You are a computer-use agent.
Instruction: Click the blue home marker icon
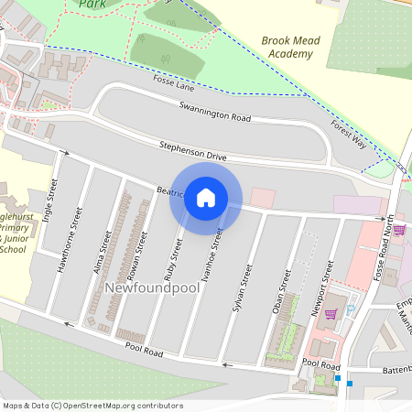206,198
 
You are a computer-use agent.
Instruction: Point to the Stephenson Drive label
192,152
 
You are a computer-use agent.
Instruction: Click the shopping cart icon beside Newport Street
331,312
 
